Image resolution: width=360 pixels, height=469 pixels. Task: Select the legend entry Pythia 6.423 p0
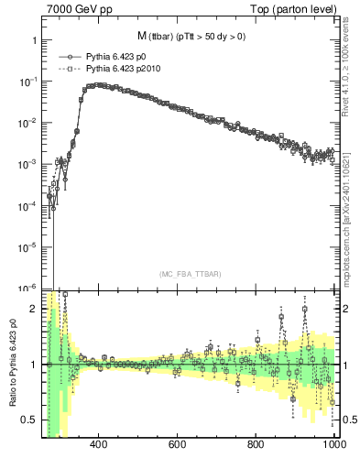pyautogui.click(x=115, y=56)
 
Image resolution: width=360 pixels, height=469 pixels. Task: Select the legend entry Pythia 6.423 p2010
pyautogui.click(x=121, y=68)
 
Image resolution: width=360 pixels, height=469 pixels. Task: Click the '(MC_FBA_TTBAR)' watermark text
pyautogui.click(x=190, y=275)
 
